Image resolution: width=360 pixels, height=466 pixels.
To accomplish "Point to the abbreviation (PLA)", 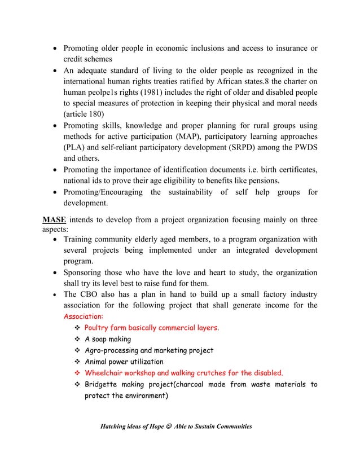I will click(73, 150).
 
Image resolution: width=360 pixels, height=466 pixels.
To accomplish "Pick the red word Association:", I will click(82, 316).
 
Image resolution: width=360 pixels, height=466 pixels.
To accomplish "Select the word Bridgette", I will click(103, 384).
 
